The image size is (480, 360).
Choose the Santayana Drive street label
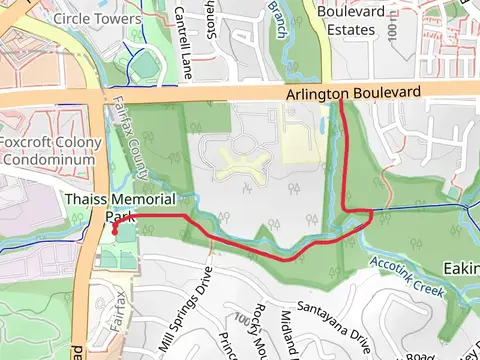[x=333, y=319]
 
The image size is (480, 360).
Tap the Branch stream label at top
[x=278, y=12]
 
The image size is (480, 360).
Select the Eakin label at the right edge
[x=461, y=268]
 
